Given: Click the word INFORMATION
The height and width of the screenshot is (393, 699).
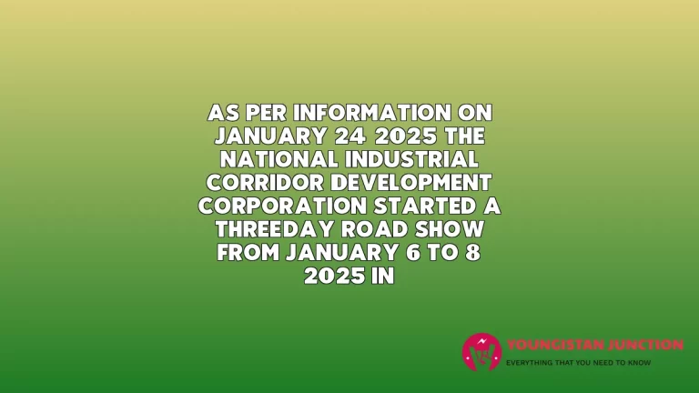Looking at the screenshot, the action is [371, 113].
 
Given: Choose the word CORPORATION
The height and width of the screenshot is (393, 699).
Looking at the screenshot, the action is [282, 206].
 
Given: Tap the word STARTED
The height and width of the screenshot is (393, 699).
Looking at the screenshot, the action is [425, 206].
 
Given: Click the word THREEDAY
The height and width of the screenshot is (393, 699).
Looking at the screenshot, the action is [275, 229].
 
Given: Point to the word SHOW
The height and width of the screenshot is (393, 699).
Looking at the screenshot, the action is [450, 229].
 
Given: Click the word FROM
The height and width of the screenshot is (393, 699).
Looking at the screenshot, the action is [248, 252].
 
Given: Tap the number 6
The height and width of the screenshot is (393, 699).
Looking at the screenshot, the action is [413, 252].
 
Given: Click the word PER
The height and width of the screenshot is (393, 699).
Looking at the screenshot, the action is [266, 113].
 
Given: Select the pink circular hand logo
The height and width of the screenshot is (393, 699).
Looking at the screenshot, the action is [481, 352].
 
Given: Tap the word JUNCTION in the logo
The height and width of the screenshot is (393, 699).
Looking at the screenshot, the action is [646, 345].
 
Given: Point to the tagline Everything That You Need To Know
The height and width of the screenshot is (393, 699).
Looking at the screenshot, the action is [578, 363].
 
